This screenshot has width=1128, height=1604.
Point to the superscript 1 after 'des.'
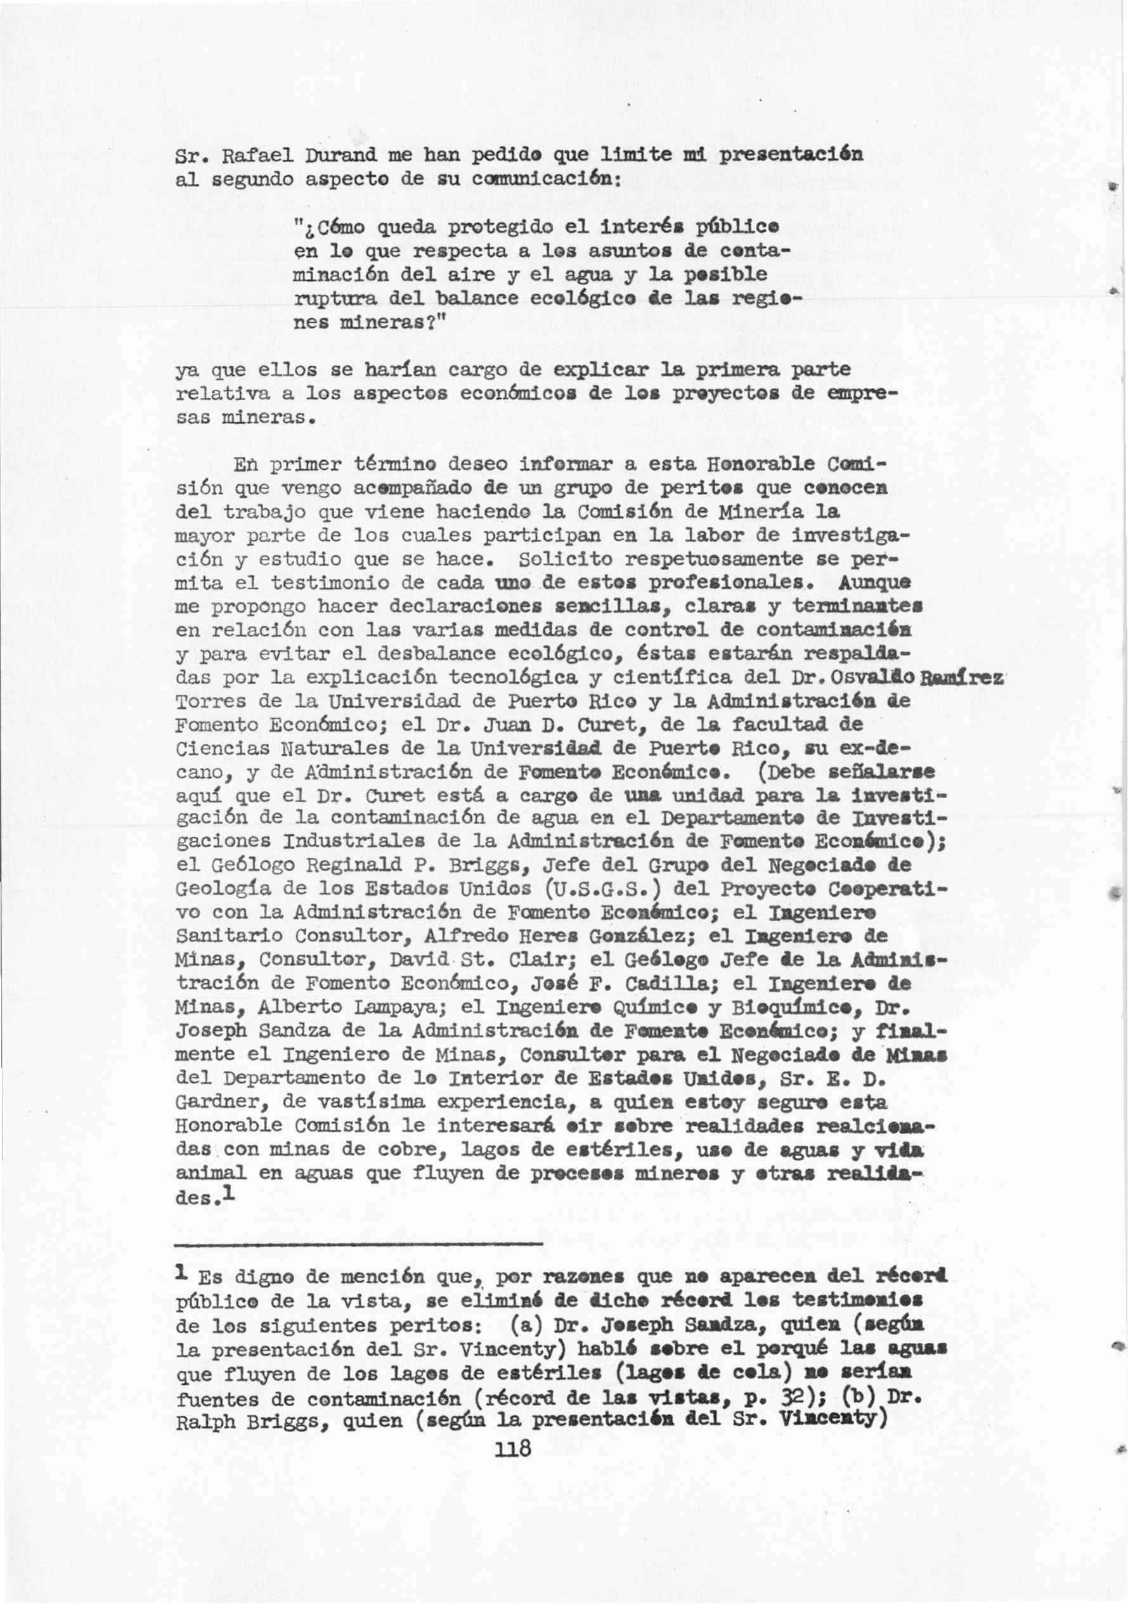pos(228,1194)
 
